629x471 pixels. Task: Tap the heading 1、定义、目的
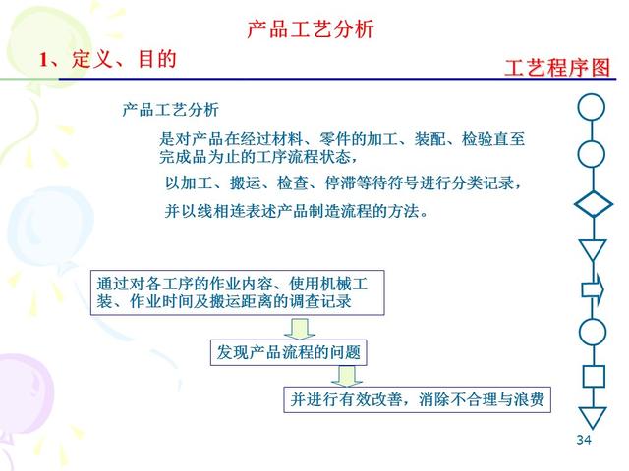(x=107, y=60)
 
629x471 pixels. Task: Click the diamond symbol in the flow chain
(x=592, y=205)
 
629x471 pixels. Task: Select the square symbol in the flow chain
(x=592, y=376)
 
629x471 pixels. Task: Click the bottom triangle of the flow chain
(x=592, y=416)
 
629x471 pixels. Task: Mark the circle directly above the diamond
(x=592, y=154)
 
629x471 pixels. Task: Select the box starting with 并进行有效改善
(x=416, y=400)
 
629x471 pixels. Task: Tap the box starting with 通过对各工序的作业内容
(x=236, y=292)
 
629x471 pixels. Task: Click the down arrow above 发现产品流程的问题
(x=302, y=328)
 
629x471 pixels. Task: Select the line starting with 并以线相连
(x=296, y=211)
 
